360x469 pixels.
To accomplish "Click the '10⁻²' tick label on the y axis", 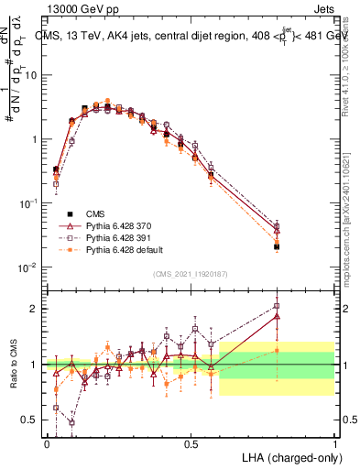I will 29,267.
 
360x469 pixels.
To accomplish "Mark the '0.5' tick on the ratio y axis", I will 30,420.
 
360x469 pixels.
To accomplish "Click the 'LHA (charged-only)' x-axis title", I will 288,458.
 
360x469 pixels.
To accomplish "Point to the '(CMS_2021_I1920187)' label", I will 190,274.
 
